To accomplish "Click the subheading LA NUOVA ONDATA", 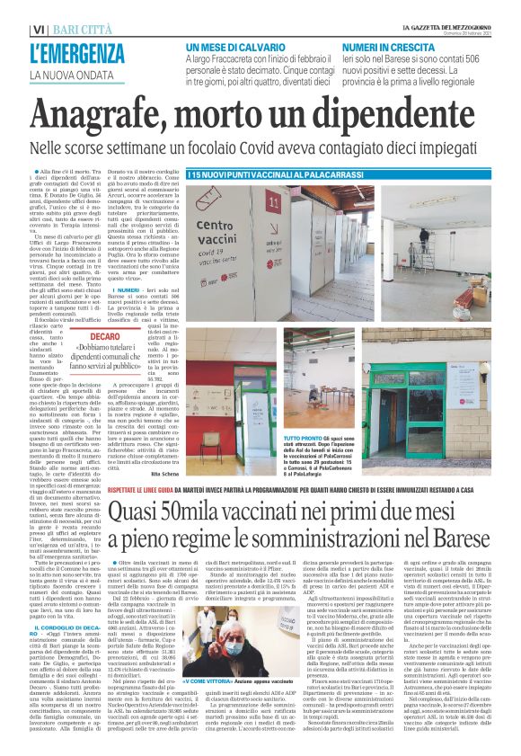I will pos(67,74).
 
